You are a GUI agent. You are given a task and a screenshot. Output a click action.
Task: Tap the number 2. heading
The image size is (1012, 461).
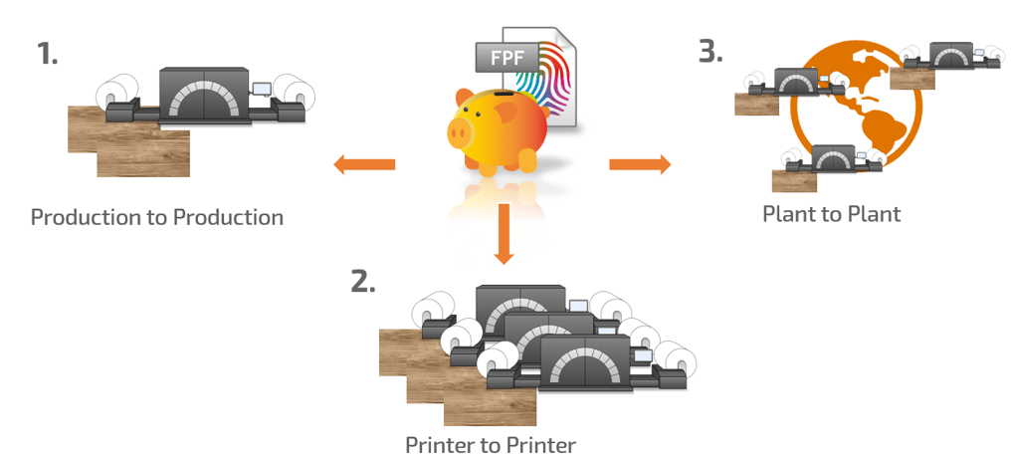coord(363,281)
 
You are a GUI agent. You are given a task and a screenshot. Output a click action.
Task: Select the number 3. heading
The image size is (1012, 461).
coord(709,51)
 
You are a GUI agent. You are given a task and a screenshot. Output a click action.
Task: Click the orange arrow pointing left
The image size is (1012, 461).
coord(363,164)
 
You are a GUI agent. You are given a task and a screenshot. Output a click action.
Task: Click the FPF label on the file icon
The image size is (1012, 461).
coord(506,57)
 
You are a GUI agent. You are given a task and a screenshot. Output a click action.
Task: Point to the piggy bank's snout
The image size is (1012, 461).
coord(459,130)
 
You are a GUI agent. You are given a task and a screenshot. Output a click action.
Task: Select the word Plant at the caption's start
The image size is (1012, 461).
coord(787,213)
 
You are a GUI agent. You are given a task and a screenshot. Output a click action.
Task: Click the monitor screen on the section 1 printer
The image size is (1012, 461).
coord(262,89)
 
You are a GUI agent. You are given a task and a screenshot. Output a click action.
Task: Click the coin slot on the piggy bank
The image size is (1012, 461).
coord(504,93)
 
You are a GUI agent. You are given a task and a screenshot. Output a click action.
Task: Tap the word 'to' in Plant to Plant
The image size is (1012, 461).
coord(831,214)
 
